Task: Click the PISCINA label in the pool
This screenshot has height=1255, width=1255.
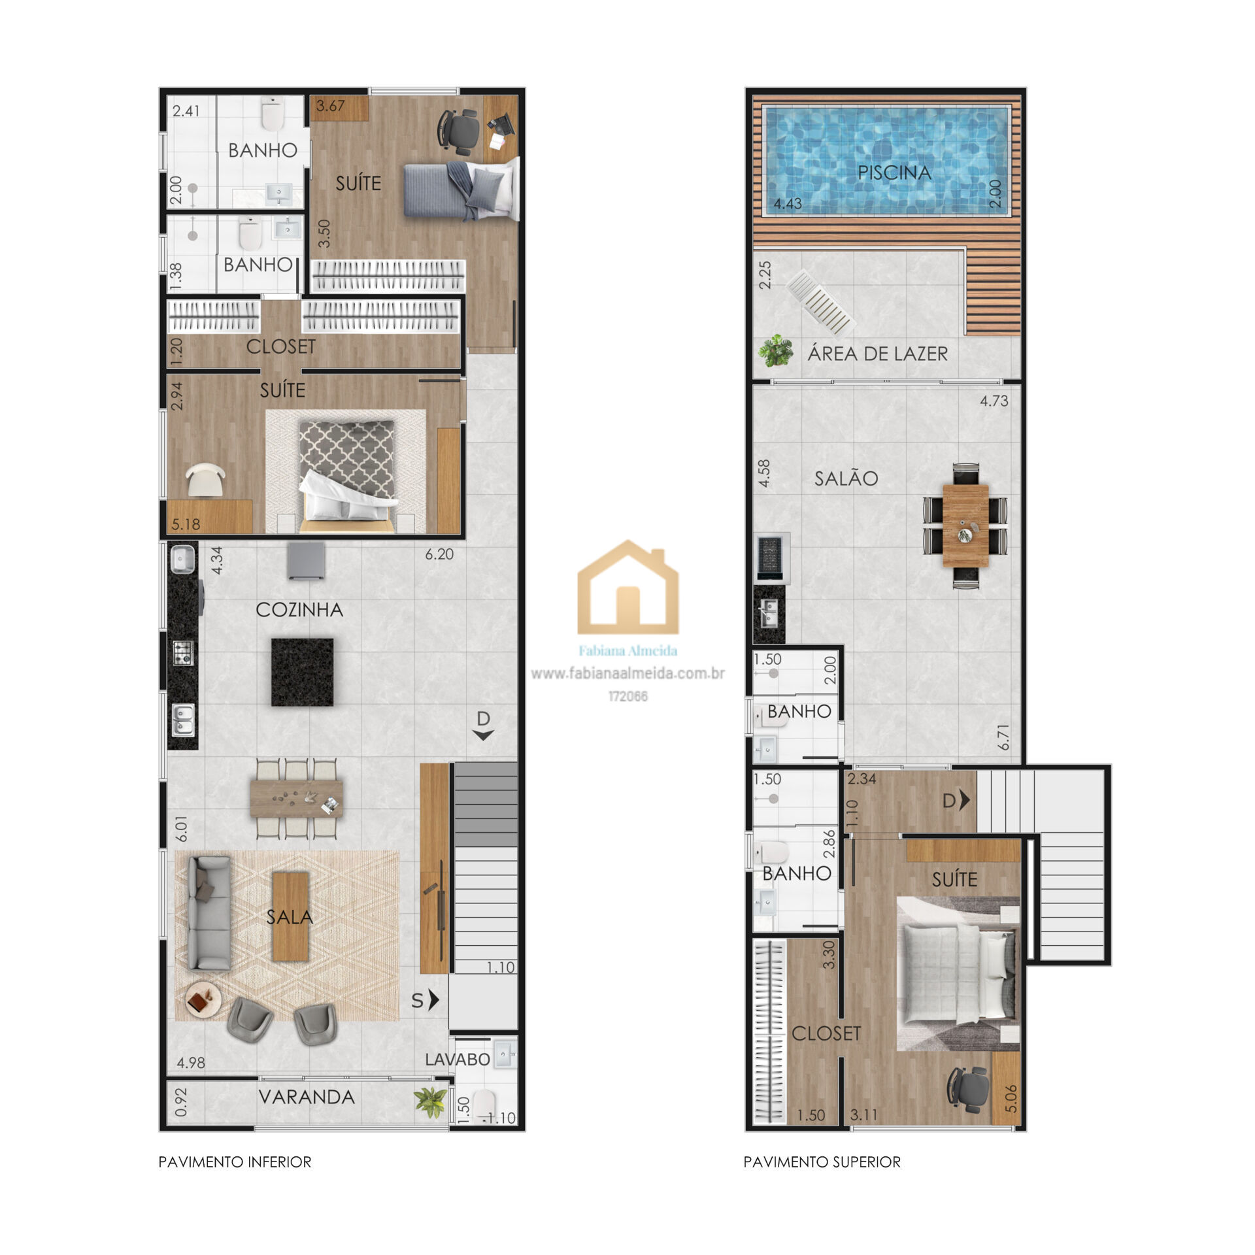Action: [x=894, y=173]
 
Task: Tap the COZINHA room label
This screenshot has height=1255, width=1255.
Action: [x=299, y=610]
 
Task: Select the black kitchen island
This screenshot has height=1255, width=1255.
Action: [x=302, y=672]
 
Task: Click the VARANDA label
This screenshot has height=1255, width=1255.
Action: [x=307, y=1097]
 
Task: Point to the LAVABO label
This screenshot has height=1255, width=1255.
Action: [x=458, y=1060]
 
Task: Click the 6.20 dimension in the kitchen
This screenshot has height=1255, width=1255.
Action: [x=439, y=554]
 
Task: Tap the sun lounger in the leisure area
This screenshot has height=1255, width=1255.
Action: [x=821, y=303]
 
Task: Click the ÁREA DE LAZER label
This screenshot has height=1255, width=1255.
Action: [x=878, y=354]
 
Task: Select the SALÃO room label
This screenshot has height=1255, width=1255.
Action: [x=846, y=478]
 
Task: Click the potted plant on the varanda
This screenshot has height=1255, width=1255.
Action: [x=431, y=1103]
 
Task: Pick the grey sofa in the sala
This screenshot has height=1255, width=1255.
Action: [x=209, y=913]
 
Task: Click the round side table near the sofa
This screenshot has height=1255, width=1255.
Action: [x=203, y=1000]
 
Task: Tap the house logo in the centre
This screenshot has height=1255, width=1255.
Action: [x=627, y=588]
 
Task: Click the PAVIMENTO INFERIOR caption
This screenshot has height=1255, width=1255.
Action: [x=235, y=1162]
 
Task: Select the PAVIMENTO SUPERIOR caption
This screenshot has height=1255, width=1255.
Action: [x=822, y=1162]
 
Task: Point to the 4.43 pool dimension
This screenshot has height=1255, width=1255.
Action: [x=788, y=203]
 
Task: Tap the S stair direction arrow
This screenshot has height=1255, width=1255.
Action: [x=426, y=1000]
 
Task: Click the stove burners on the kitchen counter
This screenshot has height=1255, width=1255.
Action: [x=182, y=652]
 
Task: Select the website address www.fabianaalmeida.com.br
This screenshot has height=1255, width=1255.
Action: [x=627, y=673]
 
